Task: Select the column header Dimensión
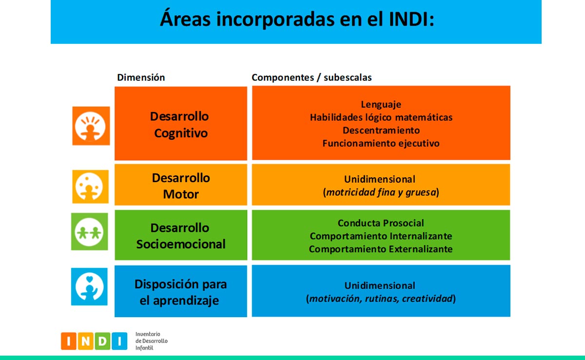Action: click(141, 77)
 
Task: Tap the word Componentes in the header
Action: click(283, 77)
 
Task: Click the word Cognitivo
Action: click(181, 133)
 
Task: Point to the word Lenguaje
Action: click(381, 104)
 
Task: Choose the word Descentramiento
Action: click(381, 130)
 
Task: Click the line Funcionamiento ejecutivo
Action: click(381, 143)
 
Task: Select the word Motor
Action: click(181, 194)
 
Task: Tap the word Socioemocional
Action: click(181, 245)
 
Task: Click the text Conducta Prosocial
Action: click(381, 223)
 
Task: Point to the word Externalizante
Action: click(420, 249)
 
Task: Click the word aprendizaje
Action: click(186, 301)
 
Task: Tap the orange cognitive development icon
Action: click(91, 126)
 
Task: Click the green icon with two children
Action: click(89, 231)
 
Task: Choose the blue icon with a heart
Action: click(89, 286)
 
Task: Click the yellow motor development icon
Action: click(90, 187)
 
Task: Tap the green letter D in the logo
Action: click(102, 341)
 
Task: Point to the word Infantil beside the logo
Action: click(144, 348)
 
